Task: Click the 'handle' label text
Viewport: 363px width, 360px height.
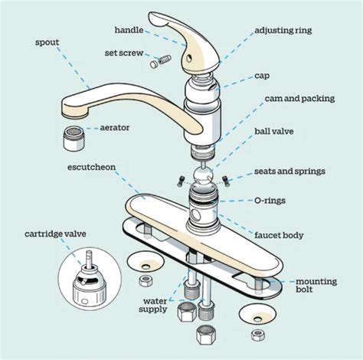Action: (129, 30)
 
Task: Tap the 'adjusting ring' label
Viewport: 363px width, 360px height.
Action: (283, 31)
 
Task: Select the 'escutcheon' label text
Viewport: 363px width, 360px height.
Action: (92, 167)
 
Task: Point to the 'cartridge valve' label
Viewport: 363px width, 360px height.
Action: (55, 234)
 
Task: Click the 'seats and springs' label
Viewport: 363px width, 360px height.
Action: (289, 172)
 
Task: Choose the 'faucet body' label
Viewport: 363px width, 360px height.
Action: (279, 235)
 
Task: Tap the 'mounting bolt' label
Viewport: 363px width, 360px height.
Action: (316, 285)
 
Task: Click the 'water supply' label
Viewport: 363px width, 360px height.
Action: (153, 305)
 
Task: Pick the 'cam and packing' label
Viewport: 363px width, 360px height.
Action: (299, 99)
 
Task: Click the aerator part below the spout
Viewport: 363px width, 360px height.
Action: (73, 138)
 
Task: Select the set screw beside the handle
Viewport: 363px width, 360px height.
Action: (161, 61)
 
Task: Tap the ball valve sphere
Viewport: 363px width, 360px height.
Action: (203, 176)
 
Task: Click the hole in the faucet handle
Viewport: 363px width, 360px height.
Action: (189, 58)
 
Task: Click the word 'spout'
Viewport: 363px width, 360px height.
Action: (47, 42)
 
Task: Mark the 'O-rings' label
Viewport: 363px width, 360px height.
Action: (270, 201)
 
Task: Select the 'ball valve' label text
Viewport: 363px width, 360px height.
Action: (274, 132)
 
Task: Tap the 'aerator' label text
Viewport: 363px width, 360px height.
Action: (115, 127)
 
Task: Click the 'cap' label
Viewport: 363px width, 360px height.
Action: (262, 76)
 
